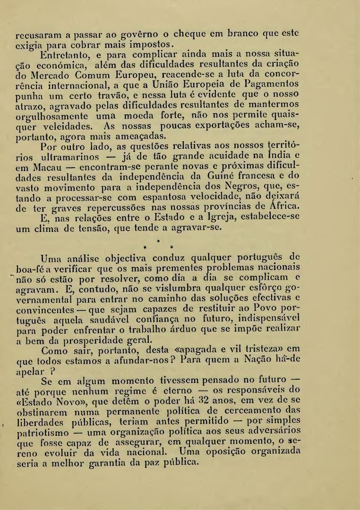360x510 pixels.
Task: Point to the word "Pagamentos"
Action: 277,86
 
